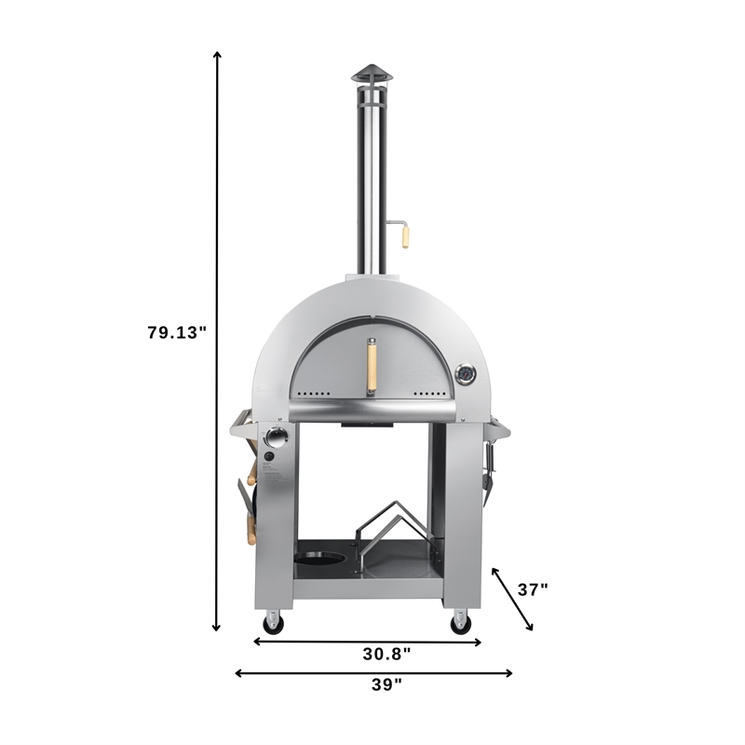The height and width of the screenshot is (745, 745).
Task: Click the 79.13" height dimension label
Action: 176,332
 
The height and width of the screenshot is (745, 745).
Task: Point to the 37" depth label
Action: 532,589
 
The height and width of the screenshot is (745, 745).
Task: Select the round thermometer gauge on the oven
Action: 465,376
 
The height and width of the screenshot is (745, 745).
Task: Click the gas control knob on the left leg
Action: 277,437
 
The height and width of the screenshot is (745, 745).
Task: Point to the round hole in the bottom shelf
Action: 318,561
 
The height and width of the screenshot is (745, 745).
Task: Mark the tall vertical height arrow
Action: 217,340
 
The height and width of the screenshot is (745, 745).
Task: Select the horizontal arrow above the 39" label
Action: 372,672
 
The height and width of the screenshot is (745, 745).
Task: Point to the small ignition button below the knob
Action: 267,457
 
